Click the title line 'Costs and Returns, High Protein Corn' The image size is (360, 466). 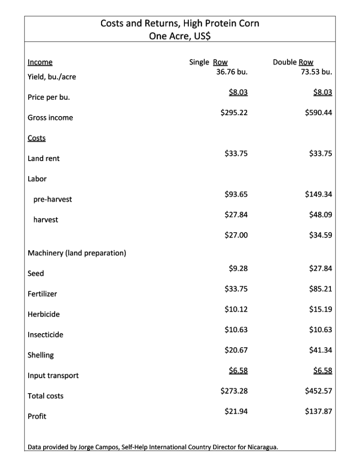point(180,23)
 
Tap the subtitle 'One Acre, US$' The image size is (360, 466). point(180,35)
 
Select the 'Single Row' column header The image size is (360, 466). point(208,62)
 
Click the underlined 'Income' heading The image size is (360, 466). point(40,62)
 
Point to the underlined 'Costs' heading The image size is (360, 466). point(36,137)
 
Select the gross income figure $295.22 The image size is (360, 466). point(234,112)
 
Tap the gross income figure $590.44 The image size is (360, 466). point(318,112)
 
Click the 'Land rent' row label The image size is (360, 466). point(44,158)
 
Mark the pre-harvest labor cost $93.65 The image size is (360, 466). point(236,194)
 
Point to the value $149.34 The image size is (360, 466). point(318,194)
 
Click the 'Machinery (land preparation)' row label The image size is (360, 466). point(77,253)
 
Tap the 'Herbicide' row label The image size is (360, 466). point(44,314)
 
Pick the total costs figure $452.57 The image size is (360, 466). point(318,390)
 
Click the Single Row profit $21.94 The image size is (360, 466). point(236,411)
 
